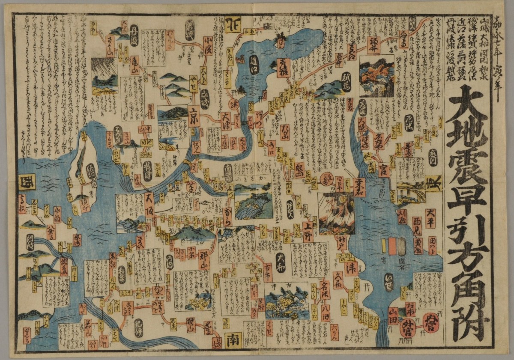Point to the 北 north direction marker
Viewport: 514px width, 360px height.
(x=233, y=24)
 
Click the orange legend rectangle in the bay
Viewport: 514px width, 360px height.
(x=392, y=246)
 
